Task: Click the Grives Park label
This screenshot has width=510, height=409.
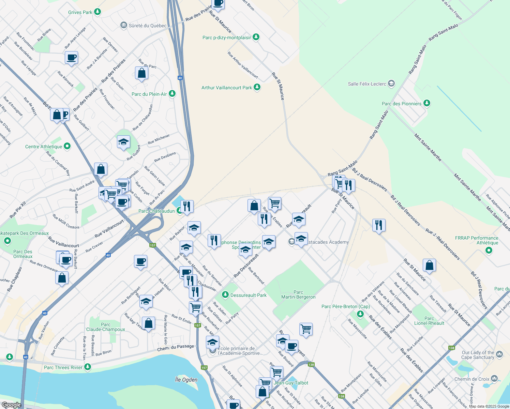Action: pyautogui.click(x=80, y=12)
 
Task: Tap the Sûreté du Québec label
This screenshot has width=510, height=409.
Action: pyautogui.click(x=148, y=26)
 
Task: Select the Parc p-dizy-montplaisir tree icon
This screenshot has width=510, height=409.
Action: pyautogui.click(x=256, y=37)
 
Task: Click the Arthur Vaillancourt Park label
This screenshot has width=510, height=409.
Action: pyautogui.click(x=226, y=88)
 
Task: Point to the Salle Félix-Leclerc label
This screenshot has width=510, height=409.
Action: pyautogui.click(x=367, y=84)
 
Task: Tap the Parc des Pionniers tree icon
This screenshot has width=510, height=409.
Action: pyautogui.click(x=426, y=103)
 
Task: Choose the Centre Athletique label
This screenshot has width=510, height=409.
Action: pyautogui.click(x=44, y=147)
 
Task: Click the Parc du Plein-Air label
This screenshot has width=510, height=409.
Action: pyautogui.click(x=149, y=94)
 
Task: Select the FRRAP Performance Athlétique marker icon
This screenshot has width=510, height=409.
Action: pyautogui.click(x=489, y=251)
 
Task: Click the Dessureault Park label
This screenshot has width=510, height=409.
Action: pyautogui.click(x=249, y=295)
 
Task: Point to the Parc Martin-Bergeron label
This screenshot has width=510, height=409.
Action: pyautogui.click(x=298, y=294)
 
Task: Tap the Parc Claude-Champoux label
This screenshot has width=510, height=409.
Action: pyautogui.click(x=106, y=327)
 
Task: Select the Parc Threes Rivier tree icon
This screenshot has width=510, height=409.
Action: pyautogui.click(x=88, y=367)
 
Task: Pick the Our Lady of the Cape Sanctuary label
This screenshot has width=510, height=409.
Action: pyautogui.click(x=478, y=355)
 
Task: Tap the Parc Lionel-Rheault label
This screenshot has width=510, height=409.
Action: pyautogui.click(x=429, y=321)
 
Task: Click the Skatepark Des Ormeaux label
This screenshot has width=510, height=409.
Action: pyautogui.click(x=25, y=233)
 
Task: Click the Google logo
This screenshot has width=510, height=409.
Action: pyautogui.click(x=11, y=405)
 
